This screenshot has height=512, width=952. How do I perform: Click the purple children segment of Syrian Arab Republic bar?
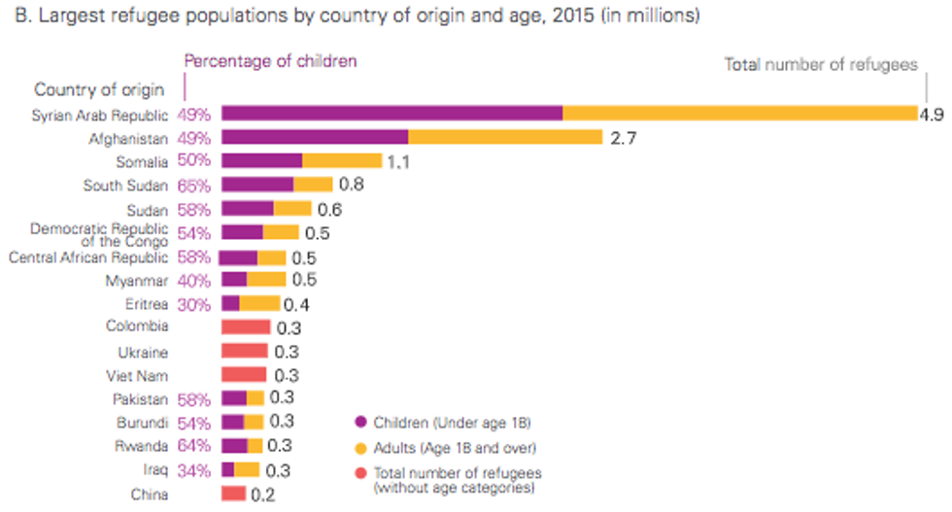391,114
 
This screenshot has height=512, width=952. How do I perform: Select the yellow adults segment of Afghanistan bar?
505,138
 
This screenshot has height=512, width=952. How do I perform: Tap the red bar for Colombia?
245,327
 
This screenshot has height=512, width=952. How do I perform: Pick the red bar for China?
233,494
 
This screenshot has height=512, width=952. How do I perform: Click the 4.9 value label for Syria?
932,114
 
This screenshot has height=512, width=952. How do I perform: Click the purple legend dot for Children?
361,423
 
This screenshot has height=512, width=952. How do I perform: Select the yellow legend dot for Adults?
361,448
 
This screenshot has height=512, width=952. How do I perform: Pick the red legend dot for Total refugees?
361,473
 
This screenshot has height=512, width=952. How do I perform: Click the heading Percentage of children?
271,61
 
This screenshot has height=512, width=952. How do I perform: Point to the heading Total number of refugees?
821,65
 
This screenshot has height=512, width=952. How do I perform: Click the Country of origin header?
99,89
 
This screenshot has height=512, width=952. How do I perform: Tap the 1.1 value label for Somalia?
398,162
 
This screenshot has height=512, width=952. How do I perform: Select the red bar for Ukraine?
245,351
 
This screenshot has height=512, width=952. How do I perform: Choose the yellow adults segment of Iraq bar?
247,470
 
